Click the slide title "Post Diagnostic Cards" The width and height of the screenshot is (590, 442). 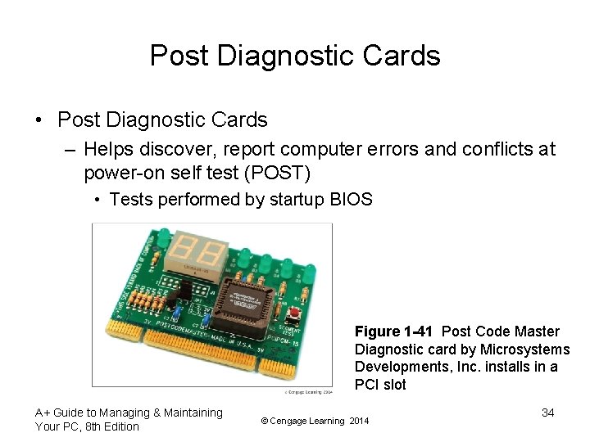[x=295, y=56]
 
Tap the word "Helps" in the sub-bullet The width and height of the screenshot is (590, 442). [x=108, y=150]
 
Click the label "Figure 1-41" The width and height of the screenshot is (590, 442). [x=393, y=331]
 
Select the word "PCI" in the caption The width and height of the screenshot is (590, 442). [x=367, y=385]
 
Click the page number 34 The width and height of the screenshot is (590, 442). [x=548, y=413]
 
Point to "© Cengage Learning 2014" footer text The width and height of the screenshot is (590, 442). [x=315, y=421]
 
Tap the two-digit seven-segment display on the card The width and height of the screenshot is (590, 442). [x=196, y=251]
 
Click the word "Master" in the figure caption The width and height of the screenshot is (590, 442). [x=536, y=331]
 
